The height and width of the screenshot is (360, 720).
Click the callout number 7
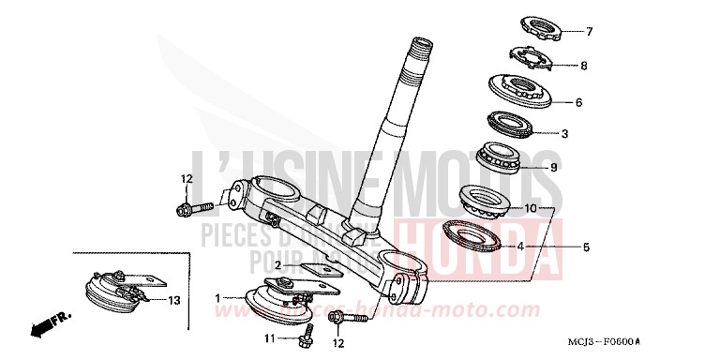click(x=590, y=32)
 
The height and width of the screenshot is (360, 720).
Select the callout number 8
click(x=584, y=66)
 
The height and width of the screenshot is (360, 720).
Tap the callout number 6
click(x=579, y=102)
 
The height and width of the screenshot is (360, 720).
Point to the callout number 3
click(x=564, y=134)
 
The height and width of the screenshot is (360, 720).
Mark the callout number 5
click(x=587, y=248)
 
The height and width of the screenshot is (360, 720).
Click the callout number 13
click(x=174, y=301)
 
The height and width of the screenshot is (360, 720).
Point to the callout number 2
click(x=277, y=265)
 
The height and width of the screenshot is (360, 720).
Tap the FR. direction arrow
click(x=44, y=325)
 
